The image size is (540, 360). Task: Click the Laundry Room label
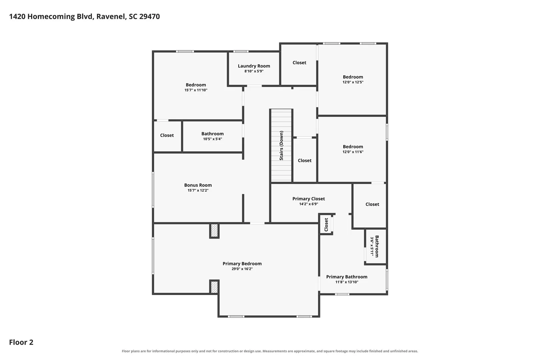click(254, 66)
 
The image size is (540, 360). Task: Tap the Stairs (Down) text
click(281, 145)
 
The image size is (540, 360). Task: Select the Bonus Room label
click(198, 185)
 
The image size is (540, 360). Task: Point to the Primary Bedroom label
click(242, 264)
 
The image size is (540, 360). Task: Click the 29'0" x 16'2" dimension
click(242, 269)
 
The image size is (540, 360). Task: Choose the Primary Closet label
click(309, 199)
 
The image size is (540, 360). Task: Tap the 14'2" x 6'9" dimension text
click(309, 204)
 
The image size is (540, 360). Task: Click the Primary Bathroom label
click(347, 277)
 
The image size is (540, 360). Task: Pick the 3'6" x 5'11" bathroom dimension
click(372, 246)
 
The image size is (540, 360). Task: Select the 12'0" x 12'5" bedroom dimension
click(353, 82)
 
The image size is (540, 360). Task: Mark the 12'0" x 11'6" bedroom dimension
click(353, 152)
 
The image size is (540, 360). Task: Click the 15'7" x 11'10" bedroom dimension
click(196, 90)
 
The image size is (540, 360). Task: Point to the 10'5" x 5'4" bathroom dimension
click(212, 139)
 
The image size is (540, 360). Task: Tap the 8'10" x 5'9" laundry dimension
click(254, 71)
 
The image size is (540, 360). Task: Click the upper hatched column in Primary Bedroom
click(214, 231)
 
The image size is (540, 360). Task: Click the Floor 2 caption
click(21, 342)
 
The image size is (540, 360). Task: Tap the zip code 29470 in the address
click(149, 16)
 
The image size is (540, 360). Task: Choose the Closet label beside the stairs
click(304, 160)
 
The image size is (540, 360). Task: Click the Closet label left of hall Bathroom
click(167, 135)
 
